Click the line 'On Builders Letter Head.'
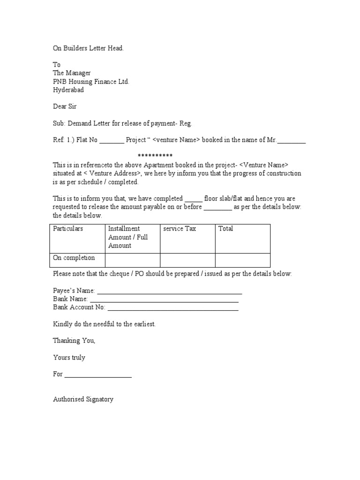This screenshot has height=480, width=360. coord(89,48)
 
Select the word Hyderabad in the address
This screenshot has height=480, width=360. coord(68,90)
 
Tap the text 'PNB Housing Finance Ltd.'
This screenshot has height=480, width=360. coord(91,82)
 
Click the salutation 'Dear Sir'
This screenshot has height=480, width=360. coord(65,106)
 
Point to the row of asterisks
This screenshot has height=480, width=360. coord(155,156)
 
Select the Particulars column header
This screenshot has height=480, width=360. coord(68,229)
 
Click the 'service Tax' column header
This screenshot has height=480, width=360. coord(180,229)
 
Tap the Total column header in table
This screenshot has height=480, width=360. coord(225,229)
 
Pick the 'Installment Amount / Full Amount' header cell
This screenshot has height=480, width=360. coord(128,237)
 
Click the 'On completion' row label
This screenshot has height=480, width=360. coord(74,258)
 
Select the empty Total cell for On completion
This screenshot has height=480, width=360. coord(242,260)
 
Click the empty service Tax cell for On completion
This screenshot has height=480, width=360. coord(187,260)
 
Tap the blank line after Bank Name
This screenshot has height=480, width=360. coord(164,300)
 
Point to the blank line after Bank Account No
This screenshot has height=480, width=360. coord(173,308)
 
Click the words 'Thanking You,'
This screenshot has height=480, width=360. coord(74,341)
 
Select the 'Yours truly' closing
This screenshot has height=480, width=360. coord(69,358)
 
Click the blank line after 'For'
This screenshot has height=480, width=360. coord(98,375)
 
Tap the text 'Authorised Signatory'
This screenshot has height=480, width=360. coord(83,399)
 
